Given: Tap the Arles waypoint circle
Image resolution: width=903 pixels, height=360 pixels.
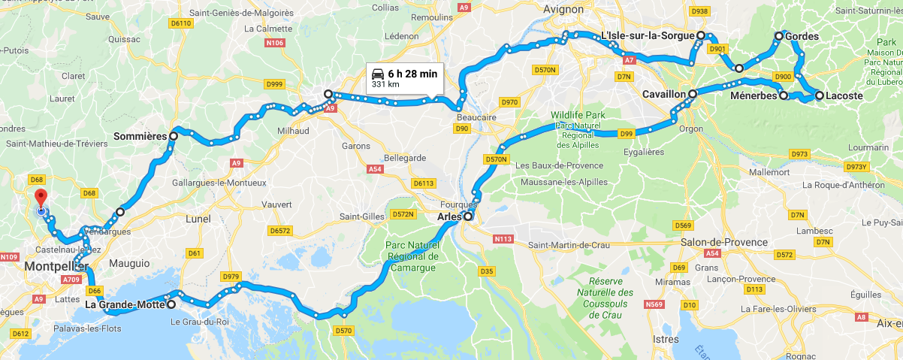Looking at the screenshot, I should pos(468,216).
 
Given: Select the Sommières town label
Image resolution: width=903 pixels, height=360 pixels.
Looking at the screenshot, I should pos(140,137).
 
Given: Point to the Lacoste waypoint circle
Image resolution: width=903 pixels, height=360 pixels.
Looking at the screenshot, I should pos(820,95).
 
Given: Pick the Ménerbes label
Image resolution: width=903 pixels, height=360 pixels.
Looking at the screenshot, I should pos(754,95).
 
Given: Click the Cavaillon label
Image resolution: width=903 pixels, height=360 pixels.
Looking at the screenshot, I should pos(665,94).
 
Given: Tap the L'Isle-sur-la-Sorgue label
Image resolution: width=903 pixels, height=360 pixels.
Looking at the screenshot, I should pos(648,35).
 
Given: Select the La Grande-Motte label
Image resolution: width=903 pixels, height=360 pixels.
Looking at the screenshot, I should pos(124,304).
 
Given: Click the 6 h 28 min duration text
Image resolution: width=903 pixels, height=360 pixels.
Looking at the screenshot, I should pos(412,74).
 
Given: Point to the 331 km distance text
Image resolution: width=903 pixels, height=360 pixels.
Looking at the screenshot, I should pos(383,85).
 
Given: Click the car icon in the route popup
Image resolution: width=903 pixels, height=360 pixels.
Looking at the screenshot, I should pos(377,74).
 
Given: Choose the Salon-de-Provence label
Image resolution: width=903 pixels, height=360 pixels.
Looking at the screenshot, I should pos(724,242).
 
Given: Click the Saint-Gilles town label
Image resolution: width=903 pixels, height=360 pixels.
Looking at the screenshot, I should pos(362,216).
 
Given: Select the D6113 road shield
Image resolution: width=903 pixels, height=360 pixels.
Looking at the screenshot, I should pos(424,183).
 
